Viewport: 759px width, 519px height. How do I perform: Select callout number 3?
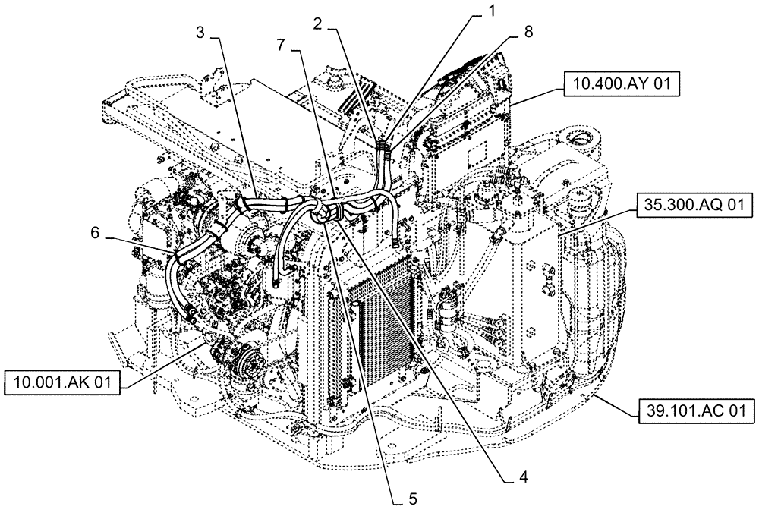(200, 33)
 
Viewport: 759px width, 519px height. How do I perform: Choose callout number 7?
(282, 46)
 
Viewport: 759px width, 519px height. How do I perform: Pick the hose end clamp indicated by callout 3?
(242, 203)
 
